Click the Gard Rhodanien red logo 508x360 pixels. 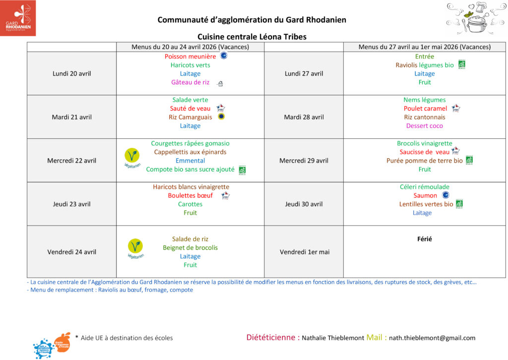click(18, 18)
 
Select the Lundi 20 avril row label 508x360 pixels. click(71, 73)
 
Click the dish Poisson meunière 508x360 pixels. click(190, 57)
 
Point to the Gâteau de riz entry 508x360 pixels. click(190, 82)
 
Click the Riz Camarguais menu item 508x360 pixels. click(190, 117)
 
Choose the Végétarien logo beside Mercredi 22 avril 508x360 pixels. click(132, 157)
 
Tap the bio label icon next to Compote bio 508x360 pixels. click(243, 170)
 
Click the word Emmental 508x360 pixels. click(190, 161)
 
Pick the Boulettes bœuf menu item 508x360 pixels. click(190, 195)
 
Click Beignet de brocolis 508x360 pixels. click(190, 247)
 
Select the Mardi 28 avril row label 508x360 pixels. click(304, 117)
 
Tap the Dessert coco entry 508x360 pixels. click(424, 126)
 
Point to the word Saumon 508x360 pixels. click(425, 195)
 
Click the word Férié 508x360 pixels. click(424, 239)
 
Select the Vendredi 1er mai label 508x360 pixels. click(304, 252)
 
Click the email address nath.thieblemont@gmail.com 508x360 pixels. click(432, 338)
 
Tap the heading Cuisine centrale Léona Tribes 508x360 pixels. click(252, 37)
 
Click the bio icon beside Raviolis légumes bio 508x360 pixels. click(461, 64)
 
